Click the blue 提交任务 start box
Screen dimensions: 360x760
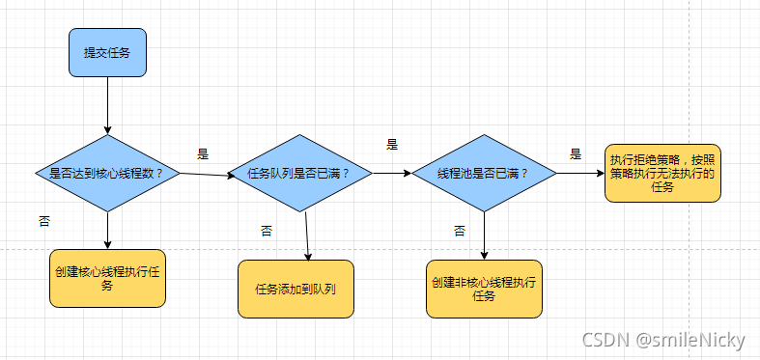(107, 52)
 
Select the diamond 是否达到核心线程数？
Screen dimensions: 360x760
(107, 174)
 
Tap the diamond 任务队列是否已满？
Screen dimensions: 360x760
(299, 174)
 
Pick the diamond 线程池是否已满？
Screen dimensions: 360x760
(484, 174)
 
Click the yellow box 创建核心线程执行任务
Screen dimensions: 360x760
(107, 278)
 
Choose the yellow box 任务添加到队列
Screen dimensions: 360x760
(296, 289)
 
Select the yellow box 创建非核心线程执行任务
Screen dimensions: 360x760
(484, 289)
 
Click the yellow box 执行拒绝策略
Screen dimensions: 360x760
(662, 173)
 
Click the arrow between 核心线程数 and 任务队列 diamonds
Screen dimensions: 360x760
(205, 175)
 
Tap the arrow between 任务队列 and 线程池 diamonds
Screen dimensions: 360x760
(390, 174)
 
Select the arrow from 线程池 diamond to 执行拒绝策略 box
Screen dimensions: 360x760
(580, 174)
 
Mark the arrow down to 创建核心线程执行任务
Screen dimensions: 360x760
(107, 231)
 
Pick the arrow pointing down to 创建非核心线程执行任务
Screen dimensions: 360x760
(484, 235)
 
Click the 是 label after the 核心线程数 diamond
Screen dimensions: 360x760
(203, 153)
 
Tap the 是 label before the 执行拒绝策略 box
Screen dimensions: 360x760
(576, 153)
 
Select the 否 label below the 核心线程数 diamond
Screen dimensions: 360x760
(44, 221)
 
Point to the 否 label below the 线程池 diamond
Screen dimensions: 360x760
(460, 231)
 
